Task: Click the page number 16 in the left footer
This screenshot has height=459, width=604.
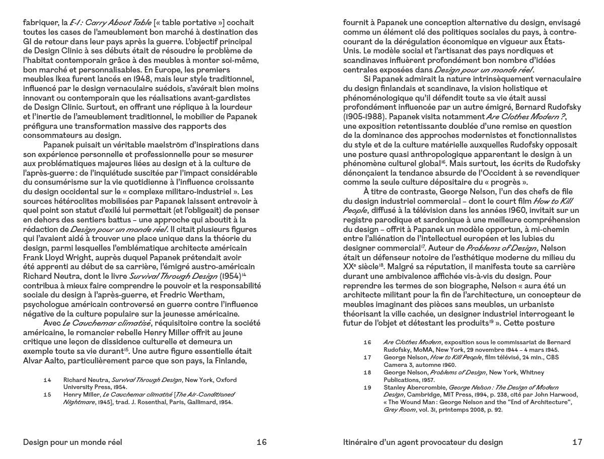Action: (x=261, y=442)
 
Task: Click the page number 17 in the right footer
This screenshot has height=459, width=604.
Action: (x=577, y=442)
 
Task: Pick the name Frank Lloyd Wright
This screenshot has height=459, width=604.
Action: (x=57, y=257)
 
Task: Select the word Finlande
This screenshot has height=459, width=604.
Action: (x=241, y=361)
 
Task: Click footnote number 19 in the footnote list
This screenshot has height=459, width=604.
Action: (x=367, y=387)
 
